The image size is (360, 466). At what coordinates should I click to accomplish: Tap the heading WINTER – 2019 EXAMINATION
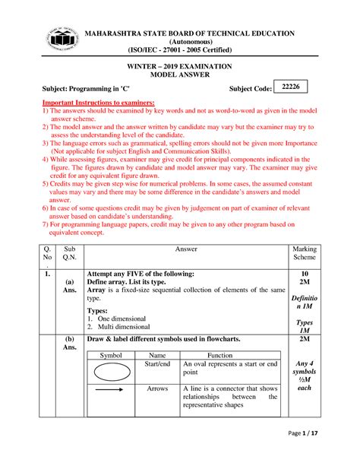(x=180, y=67)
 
